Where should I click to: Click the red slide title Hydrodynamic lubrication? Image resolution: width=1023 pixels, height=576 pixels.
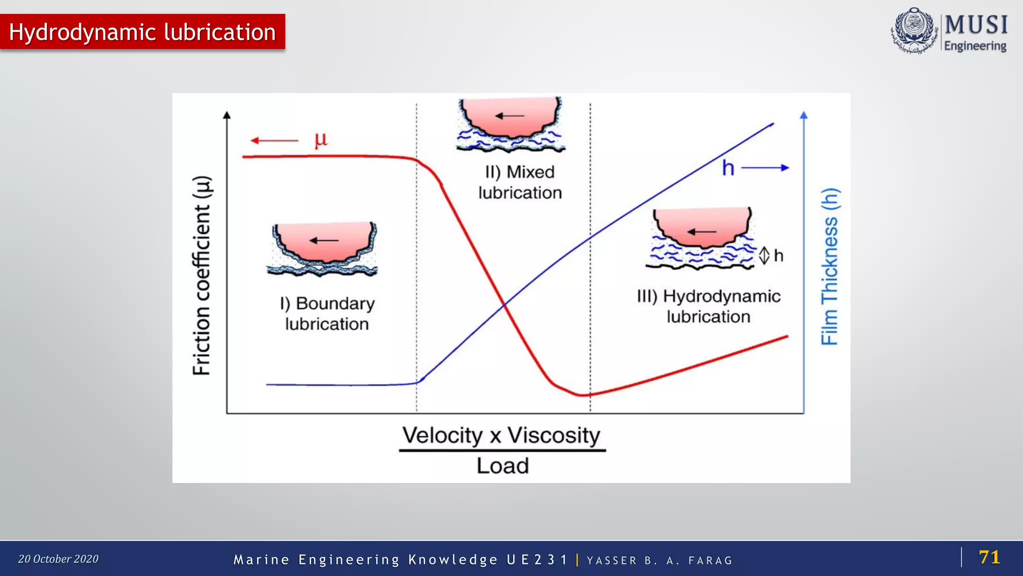point(142,32)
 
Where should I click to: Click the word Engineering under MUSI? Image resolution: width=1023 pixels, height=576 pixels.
point(975,46)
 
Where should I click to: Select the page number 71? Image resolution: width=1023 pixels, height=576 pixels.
point(989,557)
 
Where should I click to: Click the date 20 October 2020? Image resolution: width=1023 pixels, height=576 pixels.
point(58,559)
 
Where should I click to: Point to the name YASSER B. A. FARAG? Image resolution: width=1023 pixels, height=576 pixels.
point(659,560)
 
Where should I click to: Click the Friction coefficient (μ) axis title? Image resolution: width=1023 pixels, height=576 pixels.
point(202,275)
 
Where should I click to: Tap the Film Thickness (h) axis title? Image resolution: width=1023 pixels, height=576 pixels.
point(830,266)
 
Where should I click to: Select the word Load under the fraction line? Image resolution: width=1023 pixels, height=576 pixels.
point(503,466)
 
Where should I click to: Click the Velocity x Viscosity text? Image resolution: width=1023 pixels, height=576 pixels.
point(502,435)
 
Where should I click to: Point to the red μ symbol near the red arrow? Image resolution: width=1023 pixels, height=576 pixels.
point(321,139)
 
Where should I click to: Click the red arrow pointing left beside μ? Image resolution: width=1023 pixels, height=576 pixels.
point(274,140)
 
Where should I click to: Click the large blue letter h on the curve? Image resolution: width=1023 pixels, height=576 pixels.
point(728,168)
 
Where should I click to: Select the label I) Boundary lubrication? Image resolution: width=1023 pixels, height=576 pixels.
point(327,313)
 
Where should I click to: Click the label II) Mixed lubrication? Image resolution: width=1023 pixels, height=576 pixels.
point(520,182)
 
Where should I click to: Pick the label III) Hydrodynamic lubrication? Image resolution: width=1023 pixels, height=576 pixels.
point(708,306)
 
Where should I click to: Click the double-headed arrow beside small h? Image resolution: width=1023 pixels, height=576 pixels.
point(764,256)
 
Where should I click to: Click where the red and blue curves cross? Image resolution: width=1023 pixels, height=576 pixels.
point(505,303)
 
